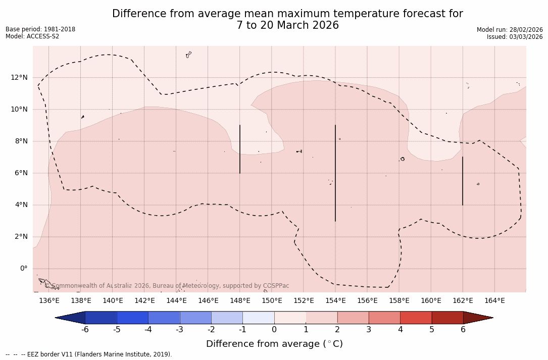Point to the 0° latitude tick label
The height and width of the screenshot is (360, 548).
[x=24, y=269]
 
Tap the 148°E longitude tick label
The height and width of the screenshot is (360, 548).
[x=240, y=301]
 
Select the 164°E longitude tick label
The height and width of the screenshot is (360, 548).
[x=494, y=301]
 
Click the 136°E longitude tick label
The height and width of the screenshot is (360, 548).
[x=49, y=301]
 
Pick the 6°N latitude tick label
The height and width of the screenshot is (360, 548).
[x=21, y=173]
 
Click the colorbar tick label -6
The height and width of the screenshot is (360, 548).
[x=85, y=330]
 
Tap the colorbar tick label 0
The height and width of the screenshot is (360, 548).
[x=274, y=330]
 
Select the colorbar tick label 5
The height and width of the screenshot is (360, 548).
[x=432, y=330]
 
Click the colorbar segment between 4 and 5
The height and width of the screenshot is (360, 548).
[x=416, y=318]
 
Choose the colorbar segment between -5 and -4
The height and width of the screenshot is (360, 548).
[x=132, y=318]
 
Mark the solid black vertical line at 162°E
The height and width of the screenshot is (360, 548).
[x=463, y=181]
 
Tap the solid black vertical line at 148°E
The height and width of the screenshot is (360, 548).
[x=240, y=149]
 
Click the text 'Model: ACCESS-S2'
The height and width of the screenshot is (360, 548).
[x=32, y=36]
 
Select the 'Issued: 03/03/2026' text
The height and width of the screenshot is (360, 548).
[x=515, y=37]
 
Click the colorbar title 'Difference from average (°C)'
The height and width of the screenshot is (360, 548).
[x=274, y=344]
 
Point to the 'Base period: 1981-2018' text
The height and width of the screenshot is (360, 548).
[x=40, y=29]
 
